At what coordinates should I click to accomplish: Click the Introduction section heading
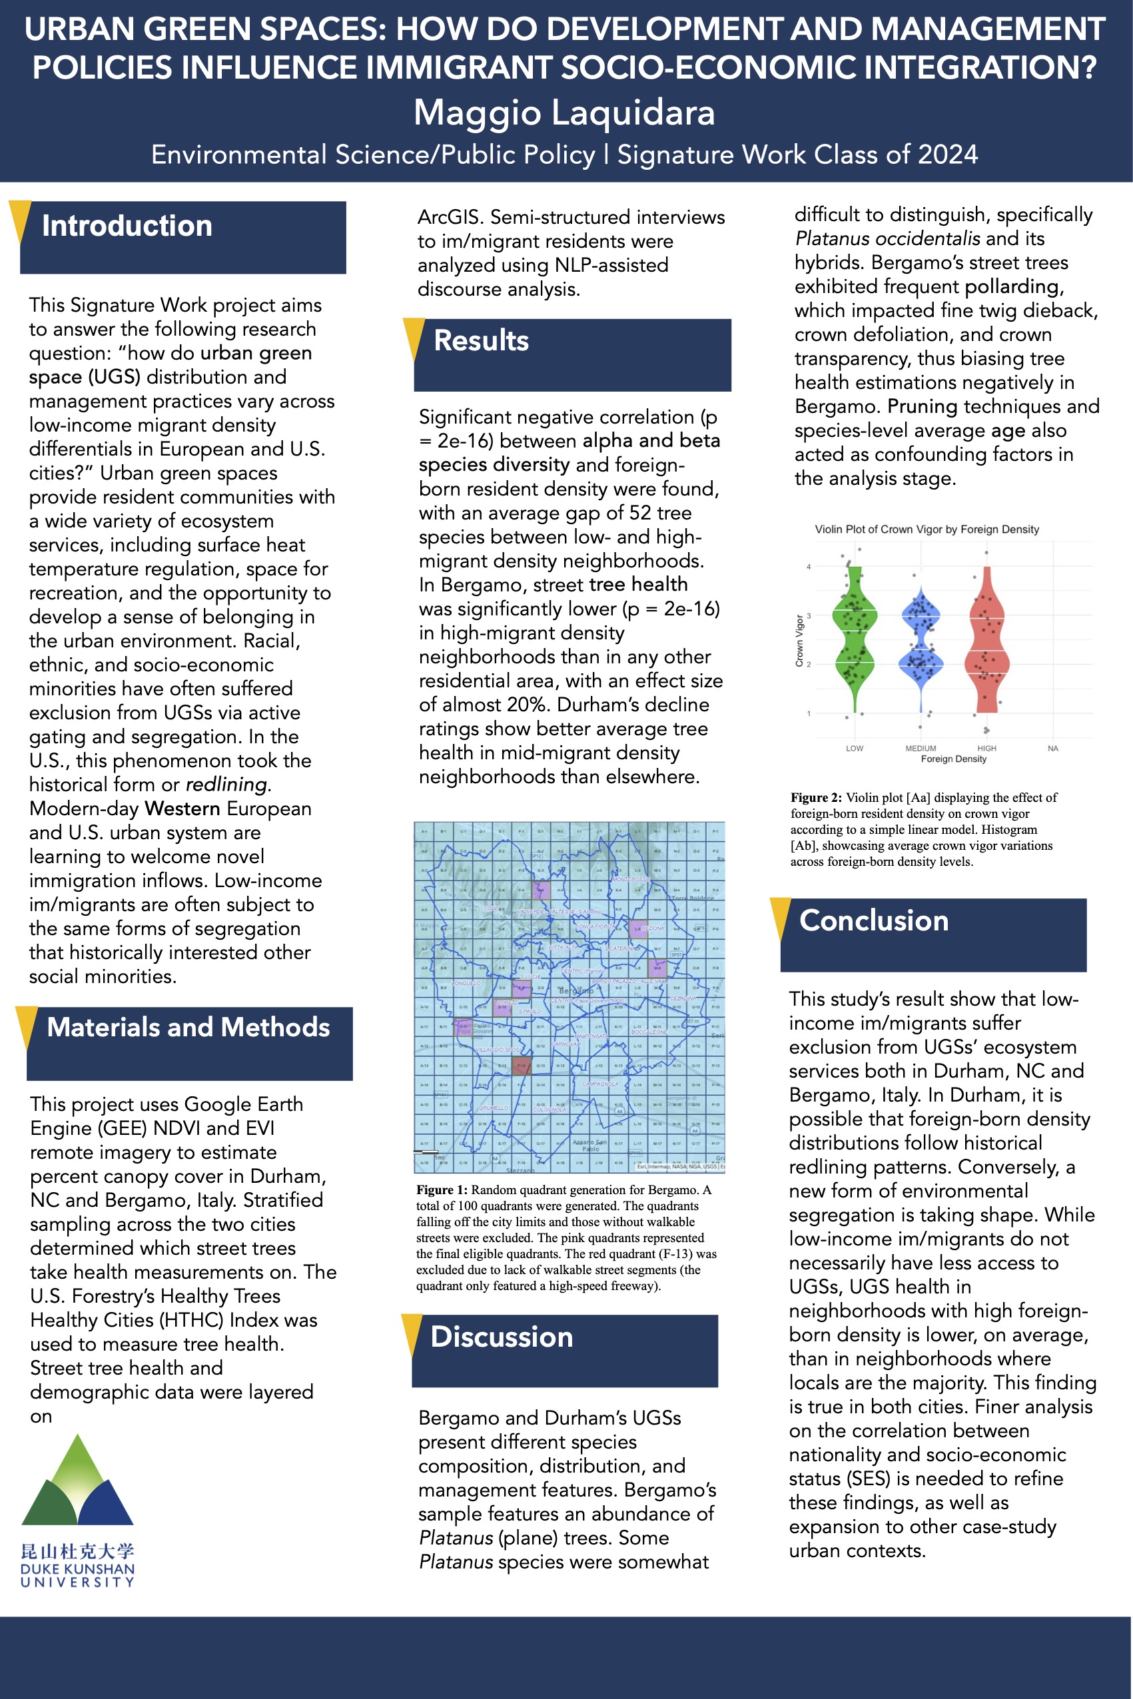click(127, 226)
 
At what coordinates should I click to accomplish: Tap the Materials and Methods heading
click(188, 1027)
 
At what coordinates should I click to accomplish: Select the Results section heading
click(481, 341)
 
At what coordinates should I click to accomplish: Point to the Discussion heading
click(502, 1337)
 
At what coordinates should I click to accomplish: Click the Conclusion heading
click(874, 921)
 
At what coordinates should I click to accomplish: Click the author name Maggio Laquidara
click(564, 113)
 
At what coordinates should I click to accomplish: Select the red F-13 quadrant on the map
click(521, 1065)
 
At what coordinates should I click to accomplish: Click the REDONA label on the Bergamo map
click(652, 928)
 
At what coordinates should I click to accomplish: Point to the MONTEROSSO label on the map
click(629, 879)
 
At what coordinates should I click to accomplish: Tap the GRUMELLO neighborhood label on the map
click(494, 1108)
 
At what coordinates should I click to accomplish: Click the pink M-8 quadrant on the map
click(657, 968)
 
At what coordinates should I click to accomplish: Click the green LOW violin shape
click(855, 643)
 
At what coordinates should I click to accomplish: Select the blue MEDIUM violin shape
click(921, 643)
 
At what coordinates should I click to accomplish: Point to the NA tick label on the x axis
click(1053, 749)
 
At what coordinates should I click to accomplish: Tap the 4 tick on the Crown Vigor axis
click(809, 567)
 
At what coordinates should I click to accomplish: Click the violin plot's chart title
click(927, 529)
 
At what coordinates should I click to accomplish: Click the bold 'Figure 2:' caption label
click(816, 797)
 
